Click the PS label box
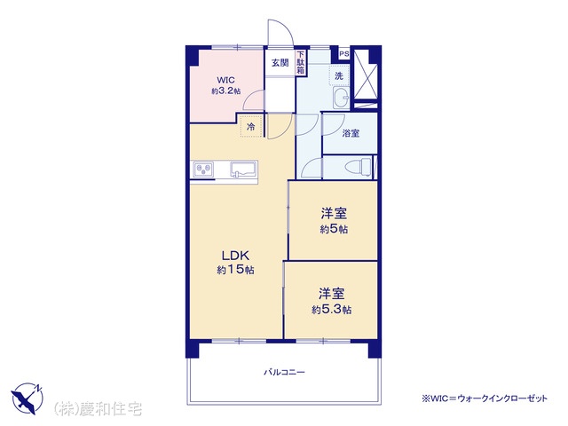344,54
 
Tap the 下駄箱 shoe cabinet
301,63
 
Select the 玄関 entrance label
280,63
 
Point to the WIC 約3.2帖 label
225,85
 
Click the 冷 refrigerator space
250,127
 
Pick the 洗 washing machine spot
339,76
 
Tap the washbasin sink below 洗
341,98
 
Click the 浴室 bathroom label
351,133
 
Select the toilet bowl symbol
359,168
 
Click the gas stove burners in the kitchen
203,170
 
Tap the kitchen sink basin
243,170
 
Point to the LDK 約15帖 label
235,263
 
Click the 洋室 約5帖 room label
334,221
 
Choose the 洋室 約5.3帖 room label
331,301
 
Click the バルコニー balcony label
284,373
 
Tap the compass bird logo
28,398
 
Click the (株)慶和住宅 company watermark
98,409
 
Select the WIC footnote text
485,398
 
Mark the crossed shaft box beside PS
366,74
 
